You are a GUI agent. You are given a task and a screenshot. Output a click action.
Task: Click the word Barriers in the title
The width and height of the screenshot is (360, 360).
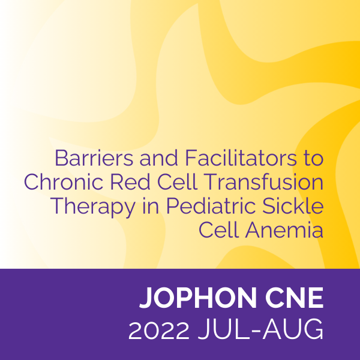(x=94, y=158)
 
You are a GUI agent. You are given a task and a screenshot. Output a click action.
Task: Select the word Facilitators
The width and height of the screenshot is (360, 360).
(x=241, y=158)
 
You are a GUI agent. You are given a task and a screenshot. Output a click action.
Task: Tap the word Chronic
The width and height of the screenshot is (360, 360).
(x=64, y=182)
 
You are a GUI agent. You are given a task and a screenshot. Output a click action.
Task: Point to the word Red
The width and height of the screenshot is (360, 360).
(x=130, y=182)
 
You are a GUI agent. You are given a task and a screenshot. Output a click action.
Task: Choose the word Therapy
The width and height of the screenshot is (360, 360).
(x=93, y=206)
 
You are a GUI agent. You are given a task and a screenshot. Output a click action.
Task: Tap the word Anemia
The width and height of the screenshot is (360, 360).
(x=284, y=230)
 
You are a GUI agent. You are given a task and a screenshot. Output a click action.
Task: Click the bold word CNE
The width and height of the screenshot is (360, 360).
(x=295, y=298)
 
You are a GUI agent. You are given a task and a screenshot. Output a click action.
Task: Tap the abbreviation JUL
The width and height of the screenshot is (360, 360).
(x=223, y=329)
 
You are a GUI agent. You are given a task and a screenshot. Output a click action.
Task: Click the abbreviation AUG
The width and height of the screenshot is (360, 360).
(x=293, y=329)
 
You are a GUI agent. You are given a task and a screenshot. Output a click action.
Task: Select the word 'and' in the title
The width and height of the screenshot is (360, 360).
(x=159, y=158)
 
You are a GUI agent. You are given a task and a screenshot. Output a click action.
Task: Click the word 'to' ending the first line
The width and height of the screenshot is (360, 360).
(x=314, y=159)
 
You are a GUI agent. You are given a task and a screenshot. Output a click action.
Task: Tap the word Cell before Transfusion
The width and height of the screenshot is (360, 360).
(x=177, y=182)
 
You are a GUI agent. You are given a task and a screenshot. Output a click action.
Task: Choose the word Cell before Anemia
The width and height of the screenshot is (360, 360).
(x=218, y=230)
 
